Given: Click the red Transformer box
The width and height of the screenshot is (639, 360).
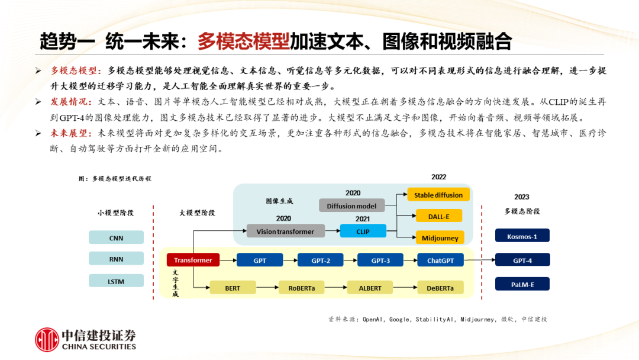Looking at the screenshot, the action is click(193, 260).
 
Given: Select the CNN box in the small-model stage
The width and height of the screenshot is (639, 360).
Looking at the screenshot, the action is click(116, 237).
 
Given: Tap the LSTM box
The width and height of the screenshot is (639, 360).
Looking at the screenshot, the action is click(116, 281).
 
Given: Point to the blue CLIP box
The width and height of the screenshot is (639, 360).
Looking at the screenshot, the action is click(363, 231).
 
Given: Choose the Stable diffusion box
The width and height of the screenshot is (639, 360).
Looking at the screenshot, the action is click(438, 195).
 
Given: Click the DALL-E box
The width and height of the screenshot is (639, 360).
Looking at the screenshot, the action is click(439, 216).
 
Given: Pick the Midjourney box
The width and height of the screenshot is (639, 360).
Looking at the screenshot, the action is click(440, 237).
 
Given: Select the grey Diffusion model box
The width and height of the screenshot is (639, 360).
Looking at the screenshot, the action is click(351, 205).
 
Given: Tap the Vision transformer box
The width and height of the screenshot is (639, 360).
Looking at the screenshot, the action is click(285, 231).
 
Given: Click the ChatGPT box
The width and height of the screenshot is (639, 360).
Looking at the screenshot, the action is click(440, 260).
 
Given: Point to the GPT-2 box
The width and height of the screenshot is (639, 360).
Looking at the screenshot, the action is click(320, 260).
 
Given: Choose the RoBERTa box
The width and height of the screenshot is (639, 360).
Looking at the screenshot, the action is click(302, 288).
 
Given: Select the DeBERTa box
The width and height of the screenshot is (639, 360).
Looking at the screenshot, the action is click(440, 288).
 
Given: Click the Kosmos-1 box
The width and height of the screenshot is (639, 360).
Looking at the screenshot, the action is click(522, 236).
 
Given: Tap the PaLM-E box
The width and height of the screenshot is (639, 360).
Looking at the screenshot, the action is click(522, 284).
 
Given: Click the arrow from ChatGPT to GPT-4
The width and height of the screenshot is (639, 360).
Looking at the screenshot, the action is click(480, 260).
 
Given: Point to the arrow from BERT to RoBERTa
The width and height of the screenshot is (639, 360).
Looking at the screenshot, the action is click(267, 287).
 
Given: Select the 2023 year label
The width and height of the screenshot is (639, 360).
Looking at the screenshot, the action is click(522, 197).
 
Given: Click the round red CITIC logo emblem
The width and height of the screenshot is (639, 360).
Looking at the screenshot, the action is click(47, 339).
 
